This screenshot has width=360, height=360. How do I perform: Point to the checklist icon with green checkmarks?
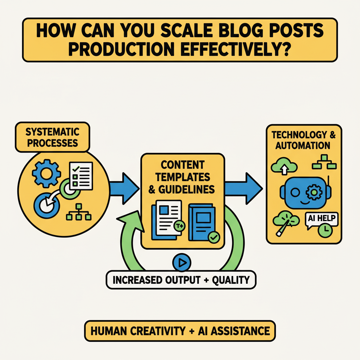tap(81, 175)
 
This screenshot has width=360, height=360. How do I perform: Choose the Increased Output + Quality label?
tap(181, 280)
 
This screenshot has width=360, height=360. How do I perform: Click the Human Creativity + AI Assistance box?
tap(180, 331)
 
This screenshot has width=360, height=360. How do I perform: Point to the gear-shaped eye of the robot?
tap(312, 192)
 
